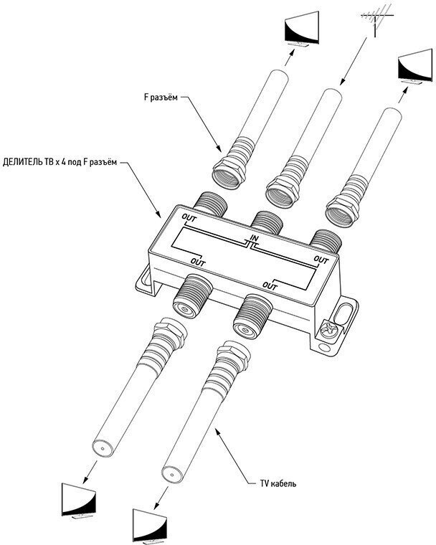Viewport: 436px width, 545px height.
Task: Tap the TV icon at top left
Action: click(x=301, y=30)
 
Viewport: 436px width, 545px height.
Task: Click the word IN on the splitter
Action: click(x=254, y=237)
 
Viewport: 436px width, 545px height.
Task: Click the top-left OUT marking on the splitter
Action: click(x=189, y=217)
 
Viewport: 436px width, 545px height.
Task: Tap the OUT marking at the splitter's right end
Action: click(x=322, y=259)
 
